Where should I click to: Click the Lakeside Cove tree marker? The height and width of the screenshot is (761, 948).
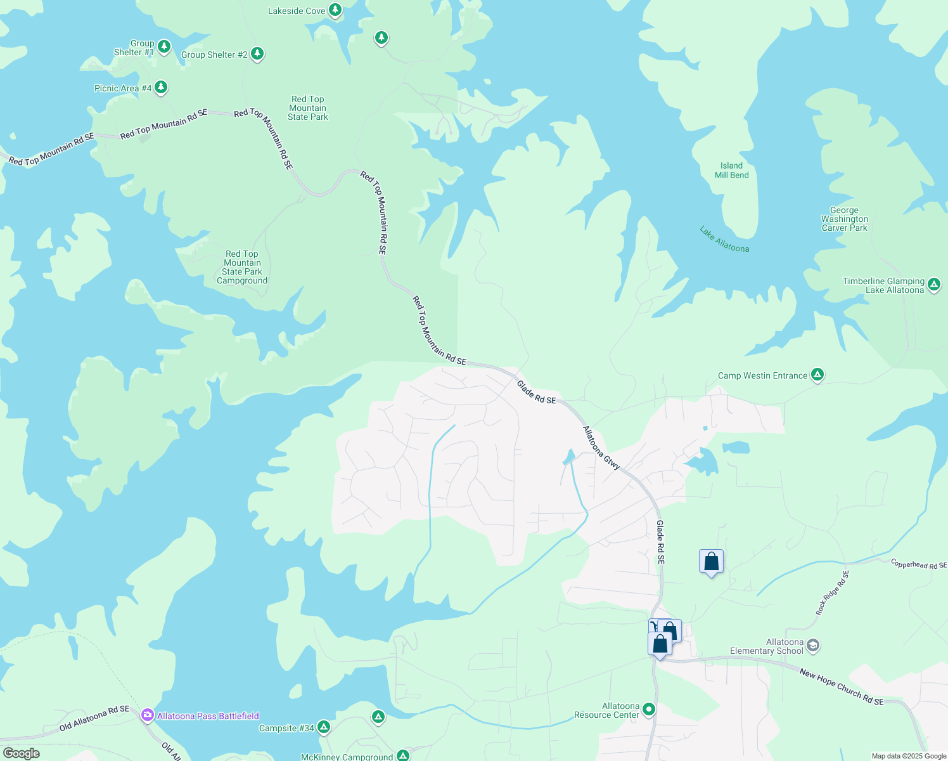pos(335,10)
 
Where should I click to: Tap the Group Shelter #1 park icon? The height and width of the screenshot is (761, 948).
pos(164,46)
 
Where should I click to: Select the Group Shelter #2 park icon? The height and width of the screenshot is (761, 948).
pos(257,53)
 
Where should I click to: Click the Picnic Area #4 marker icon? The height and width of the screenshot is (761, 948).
pos(161,87)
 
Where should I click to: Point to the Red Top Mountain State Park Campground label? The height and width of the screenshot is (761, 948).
pos(242,268)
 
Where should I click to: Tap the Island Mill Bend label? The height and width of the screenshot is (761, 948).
pos(731,171)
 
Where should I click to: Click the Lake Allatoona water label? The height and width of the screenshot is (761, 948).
pos(724,240)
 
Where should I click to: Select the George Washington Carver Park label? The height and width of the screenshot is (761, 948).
pos(844,219)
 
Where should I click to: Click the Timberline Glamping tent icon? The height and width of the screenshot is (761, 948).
pos(934,285)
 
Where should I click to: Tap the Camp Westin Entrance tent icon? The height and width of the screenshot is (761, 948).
pos(817,375)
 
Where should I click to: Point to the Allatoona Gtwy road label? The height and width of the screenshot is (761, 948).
pos(601,448)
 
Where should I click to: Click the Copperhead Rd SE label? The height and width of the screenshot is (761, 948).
pos(918,564)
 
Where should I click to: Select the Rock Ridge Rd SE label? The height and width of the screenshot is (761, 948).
pos(831,593)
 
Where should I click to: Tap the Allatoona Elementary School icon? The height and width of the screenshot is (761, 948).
pos(814,646)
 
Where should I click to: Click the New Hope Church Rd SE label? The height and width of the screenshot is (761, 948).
pos(841,687)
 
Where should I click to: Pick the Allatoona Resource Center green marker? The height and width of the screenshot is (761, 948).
pos(648,709)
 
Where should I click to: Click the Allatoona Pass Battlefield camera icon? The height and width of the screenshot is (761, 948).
pos(148,715)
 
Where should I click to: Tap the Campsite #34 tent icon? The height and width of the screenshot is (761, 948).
pos(324,727)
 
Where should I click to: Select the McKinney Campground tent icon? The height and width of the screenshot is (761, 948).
pos(403,755)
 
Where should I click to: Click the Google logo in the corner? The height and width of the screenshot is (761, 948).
pos(22,753)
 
